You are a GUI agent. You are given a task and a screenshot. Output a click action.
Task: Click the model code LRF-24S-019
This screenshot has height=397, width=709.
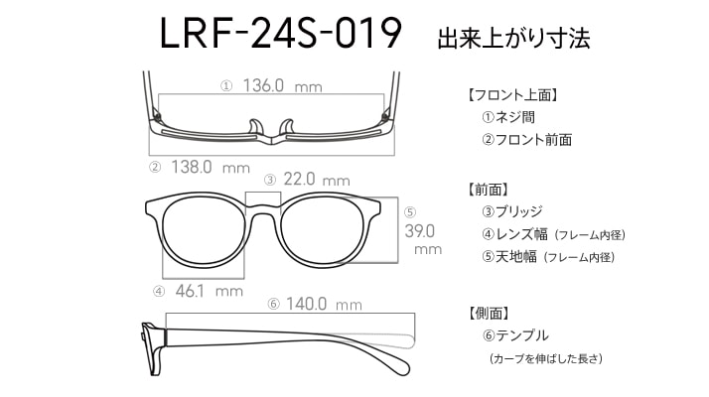click(280, 34)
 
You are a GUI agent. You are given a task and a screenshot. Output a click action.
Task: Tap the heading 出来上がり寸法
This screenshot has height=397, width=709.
click(513, 38)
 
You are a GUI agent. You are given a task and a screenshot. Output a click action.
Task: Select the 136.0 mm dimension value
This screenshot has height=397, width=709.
click(283, 85)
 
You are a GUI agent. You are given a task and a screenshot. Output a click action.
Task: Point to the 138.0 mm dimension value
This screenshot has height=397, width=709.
click(211, 168)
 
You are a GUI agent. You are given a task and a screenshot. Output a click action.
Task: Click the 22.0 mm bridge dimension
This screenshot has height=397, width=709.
click(317, 180)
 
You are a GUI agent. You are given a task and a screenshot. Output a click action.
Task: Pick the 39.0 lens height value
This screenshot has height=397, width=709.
click(420, 231)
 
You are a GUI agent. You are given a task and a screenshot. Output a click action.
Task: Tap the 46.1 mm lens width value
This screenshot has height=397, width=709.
click(209, 291)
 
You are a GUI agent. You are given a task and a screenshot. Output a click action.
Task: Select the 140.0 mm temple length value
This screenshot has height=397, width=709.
click(324, 304)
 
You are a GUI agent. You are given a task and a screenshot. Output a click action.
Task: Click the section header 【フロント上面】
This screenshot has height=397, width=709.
click(511, 95)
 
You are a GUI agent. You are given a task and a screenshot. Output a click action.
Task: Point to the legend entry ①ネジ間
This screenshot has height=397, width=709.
click(508, 117)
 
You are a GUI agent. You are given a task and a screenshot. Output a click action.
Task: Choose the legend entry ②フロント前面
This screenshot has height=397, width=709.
click(526, 140)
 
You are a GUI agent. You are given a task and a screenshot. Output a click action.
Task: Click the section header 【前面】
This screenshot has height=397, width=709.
click(487, 190)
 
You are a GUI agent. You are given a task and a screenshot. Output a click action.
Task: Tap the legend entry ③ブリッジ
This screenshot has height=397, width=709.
click(511, 211)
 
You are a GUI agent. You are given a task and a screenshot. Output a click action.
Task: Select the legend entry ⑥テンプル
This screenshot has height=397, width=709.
click(515, 335)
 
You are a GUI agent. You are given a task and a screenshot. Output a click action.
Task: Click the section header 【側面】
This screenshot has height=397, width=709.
click(489, 313)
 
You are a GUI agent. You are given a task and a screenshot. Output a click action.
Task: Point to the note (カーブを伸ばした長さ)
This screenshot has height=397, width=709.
click(546, 358)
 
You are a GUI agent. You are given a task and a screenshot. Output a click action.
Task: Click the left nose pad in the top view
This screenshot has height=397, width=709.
click(256, 127)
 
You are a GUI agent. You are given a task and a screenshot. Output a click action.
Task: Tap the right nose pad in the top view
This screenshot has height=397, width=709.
click(287, 127)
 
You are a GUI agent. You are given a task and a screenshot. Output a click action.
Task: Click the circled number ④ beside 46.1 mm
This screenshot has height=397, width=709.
click(159, 292)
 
